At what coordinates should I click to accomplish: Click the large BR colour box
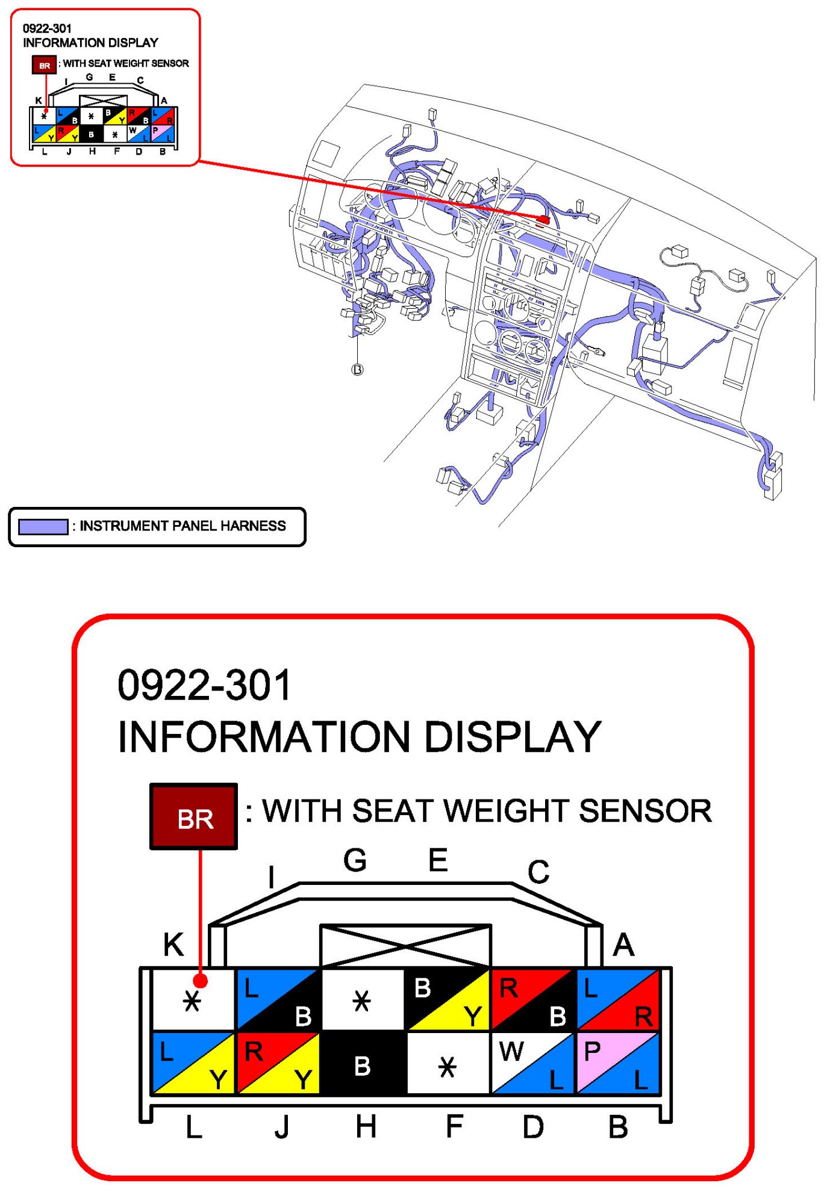[x=193, y=816]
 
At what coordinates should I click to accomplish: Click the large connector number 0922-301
[x=205, y=685]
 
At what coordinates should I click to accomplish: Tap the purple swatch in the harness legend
[x=43, y=526]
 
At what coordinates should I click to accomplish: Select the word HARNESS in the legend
[x=253, y=526]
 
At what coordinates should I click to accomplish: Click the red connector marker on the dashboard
[x=544, y=220]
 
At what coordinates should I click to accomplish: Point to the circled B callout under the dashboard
[x=357, y=370]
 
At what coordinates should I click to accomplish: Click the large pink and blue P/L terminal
[x=618, y=1063]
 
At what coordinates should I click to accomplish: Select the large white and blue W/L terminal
[x=533, y=1063]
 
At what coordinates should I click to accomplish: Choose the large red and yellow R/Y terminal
[x=278, y=1063]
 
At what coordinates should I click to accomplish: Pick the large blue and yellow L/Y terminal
[x=193, y=1063]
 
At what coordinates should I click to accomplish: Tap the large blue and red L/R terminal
[x=618, y=999]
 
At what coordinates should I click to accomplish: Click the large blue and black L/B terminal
[x=278, y=999]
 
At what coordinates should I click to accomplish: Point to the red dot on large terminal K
[x=201, y=981]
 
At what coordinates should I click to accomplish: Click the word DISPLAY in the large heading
[x=513, y=736]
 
